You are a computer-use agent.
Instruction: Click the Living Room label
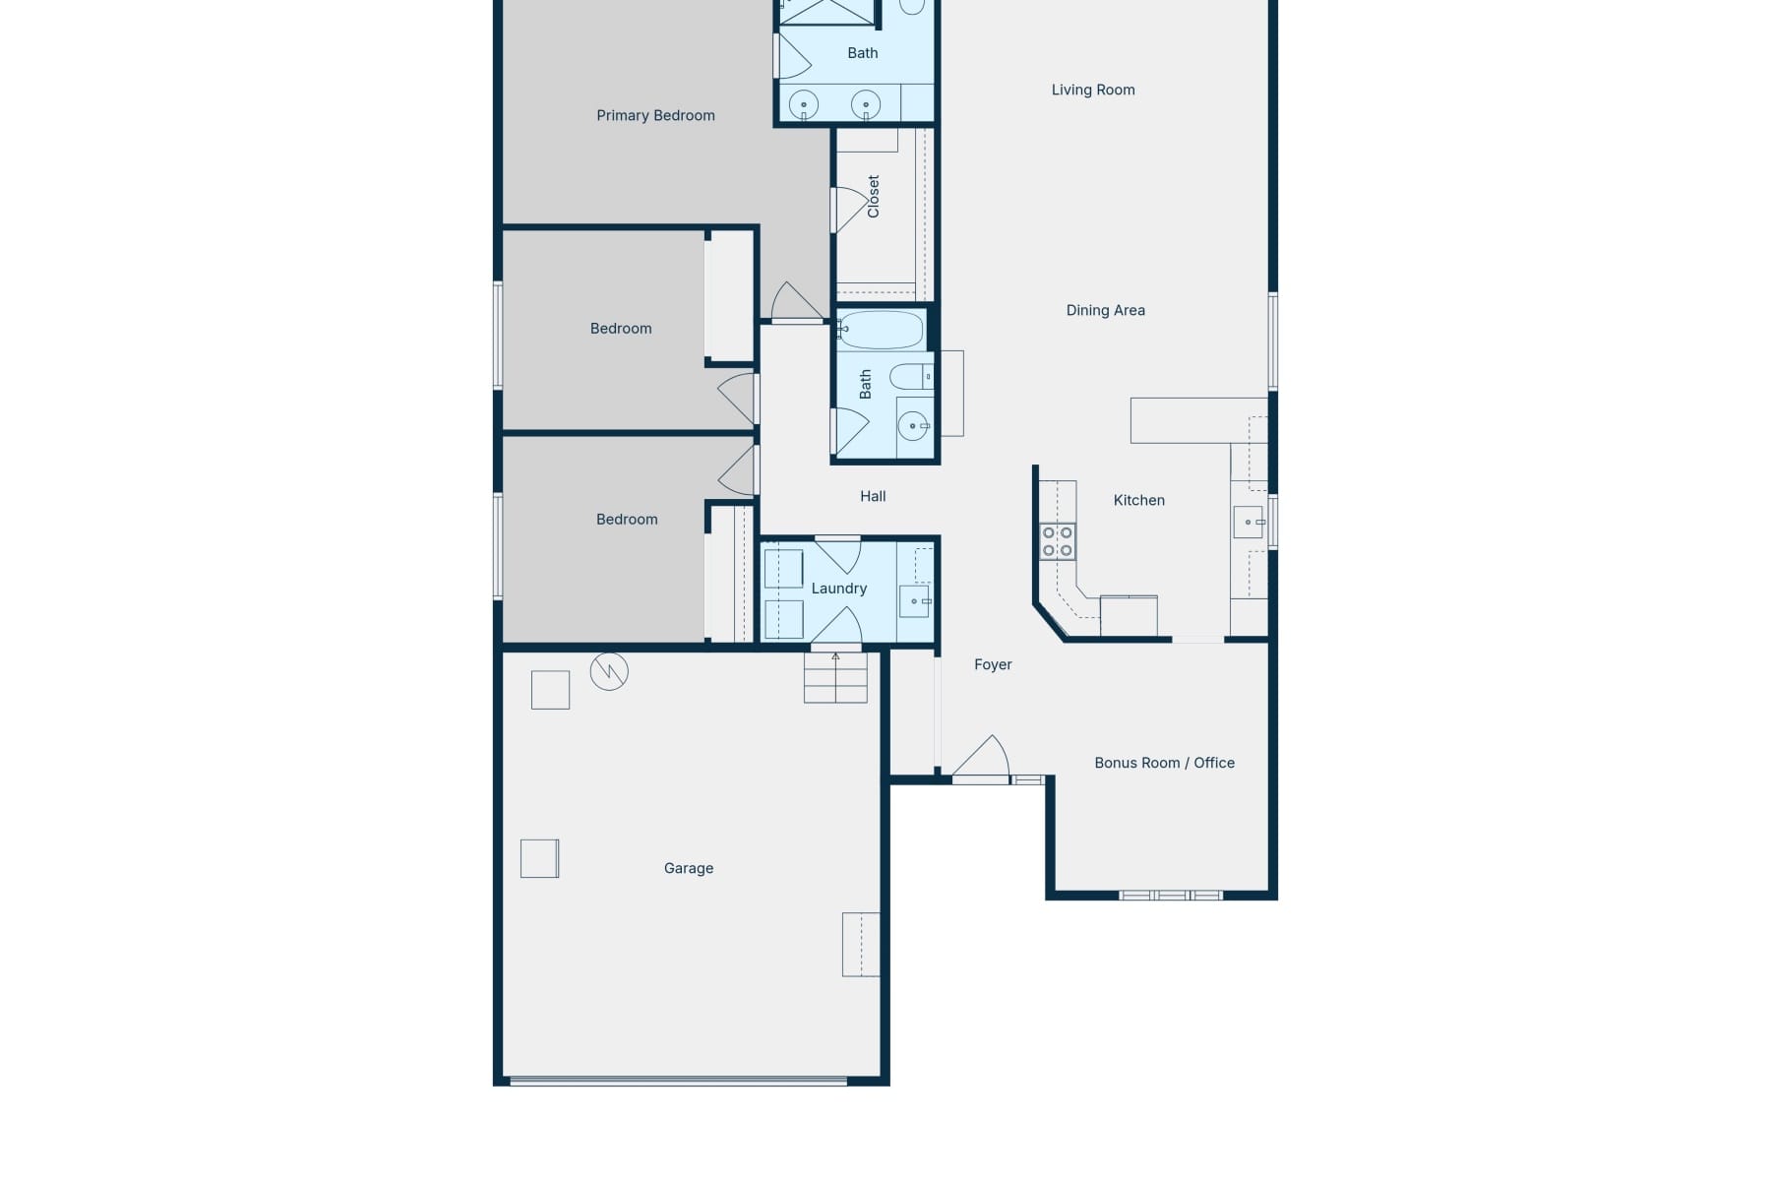click(1092, 90)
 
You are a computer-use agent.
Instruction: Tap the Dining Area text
click(1105, 310)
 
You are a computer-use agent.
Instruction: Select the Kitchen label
click(1138, 500)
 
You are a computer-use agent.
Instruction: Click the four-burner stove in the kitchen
click(1058, 541)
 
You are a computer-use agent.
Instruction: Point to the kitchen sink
click(1249, 522)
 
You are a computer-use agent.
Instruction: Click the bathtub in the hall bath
click(881, 331)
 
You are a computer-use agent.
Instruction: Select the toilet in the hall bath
click(910, 376)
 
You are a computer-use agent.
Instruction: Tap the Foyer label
click(992, 664)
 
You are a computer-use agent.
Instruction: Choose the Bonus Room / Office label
click(1164, 763)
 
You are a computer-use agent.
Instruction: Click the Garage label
click(688, 868)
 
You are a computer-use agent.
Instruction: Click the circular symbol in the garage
click(609, 672)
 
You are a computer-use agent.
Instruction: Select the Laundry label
click(838, 589)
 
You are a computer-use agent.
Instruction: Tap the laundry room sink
click(915, 600)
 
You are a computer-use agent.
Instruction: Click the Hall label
click(873, 496)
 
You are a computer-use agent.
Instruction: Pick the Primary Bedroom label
click(655, 115)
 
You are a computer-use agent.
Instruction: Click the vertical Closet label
click(873, 196)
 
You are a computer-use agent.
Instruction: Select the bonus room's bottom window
click(1171, 895)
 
